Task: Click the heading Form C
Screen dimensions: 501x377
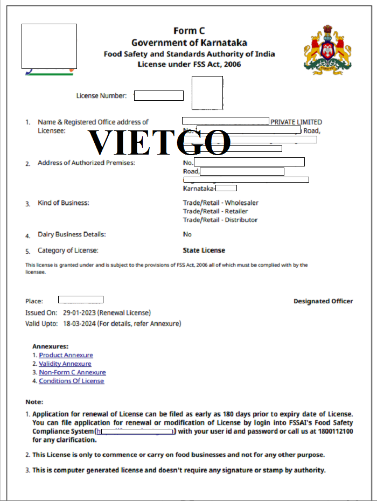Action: click(x=189, y=31)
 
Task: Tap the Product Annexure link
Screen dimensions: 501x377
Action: click(x=66, y=355)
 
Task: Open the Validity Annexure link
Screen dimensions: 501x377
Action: click(x=65, y=364)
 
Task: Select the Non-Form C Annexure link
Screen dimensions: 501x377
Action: click(x=72, y=372)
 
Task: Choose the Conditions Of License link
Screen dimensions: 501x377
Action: click(x=71, y=381)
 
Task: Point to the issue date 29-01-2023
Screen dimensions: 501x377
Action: click(x=79, y=313)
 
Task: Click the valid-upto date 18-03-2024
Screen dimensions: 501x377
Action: click(x=79, y=324)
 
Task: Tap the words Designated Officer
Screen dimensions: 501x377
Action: click(x=323, y=301)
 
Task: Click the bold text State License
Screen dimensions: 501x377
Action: click(x=204, y=250)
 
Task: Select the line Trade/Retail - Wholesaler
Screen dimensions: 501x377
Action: click(x=221, y=203)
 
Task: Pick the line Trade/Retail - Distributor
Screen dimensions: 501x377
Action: click(x=220, y=220)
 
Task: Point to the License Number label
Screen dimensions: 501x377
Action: click(x=101, y=96)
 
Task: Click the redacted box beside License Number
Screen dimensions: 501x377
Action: click(x=158, y=96)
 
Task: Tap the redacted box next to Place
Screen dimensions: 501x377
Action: click(x=80, y=300)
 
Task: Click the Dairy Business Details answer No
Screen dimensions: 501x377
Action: click(x=187, y=234)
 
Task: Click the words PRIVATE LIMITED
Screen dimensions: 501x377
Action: click(x=296, y=122)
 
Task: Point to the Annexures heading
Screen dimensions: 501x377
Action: click(x=51, y=346)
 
